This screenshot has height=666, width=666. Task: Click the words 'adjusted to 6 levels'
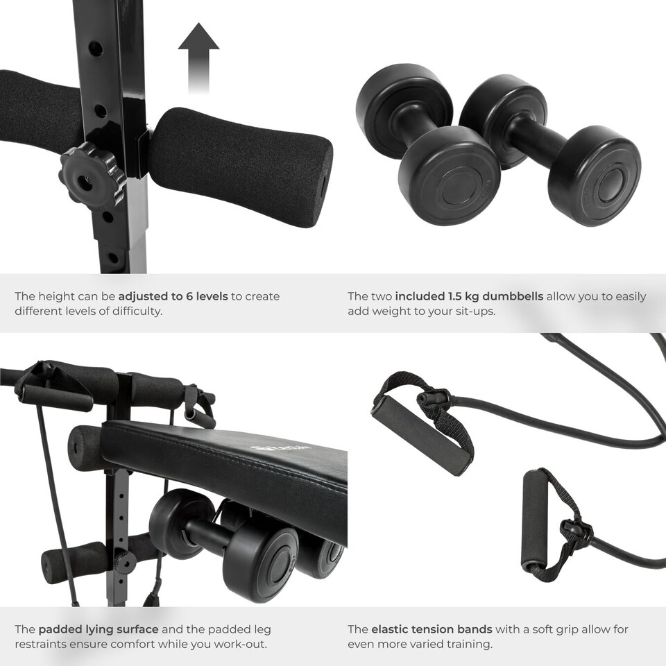tap(173, 296)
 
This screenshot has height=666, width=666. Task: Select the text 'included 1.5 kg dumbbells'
tap(469, 296)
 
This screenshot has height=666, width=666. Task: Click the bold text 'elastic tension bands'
tap(432, 629)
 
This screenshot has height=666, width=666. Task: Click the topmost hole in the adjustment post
tap(96, 49)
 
